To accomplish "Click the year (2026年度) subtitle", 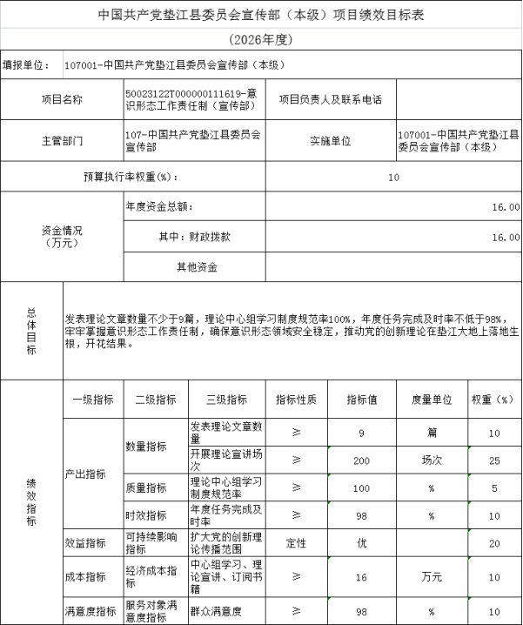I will click(261, 40).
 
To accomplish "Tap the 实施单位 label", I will click(330, 140).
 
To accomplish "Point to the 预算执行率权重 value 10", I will click(393, 178).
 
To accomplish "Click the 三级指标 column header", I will click(226, 400).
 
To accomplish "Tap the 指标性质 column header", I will click(296, 400).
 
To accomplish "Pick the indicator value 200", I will click(361, 460).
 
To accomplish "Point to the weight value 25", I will click(494, 460).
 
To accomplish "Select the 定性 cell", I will click(296, 543).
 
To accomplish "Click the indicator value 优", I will click(361, 543).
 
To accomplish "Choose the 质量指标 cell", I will click(146, 488).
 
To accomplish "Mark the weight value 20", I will click(494, 543).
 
